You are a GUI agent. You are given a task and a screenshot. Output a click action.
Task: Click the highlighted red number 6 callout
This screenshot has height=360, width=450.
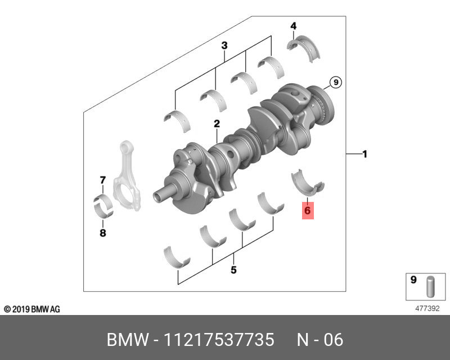(x=308, y=210)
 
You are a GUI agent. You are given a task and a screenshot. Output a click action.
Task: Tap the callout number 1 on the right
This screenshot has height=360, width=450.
(x=364, y=154)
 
